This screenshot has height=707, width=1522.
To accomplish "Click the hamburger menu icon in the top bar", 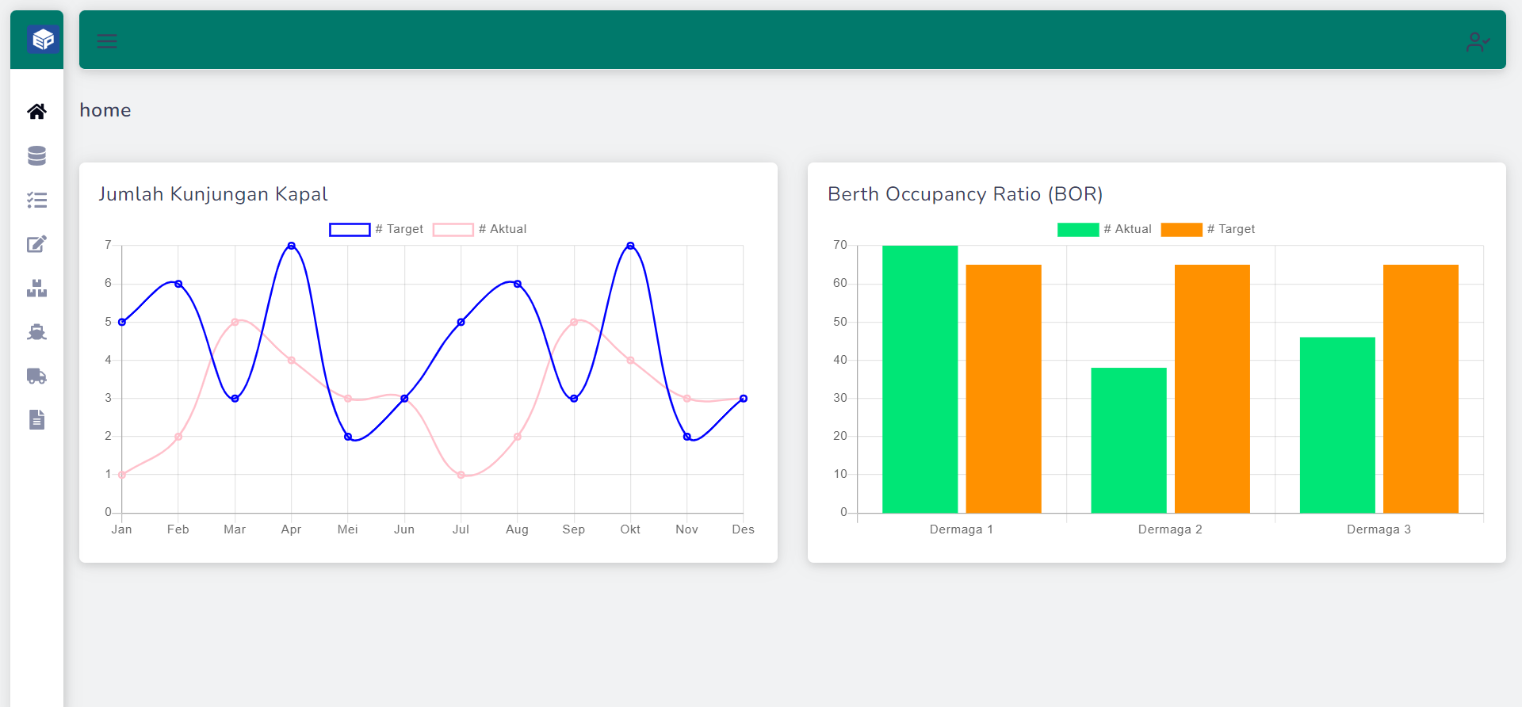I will pos(107,41).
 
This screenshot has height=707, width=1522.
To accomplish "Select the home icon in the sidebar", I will pos(36,112).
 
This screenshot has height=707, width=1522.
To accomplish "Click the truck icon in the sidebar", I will pos(36,376).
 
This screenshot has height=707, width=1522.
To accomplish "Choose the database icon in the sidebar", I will pos(36,156).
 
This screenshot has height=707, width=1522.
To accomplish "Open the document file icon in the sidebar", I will pos(36,419).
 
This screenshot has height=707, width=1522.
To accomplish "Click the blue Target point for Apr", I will pos(292,246).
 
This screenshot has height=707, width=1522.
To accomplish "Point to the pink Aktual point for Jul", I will pos(461,475).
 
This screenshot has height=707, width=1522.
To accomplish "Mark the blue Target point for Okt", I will pos(630,246).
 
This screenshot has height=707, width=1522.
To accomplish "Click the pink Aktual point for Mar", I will pos(235,322).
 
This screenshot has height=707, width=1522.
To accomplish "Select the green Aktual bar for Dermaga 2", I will pos(1128,440).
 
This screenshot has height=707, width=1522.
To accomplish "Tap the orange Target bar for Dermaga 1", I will pos(1003,388).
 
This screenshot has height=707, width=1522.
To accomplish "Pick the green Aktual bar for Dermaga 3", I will pos(1337,425).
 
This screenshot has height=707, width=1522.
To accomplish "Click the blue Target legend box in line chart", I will pos(350,230).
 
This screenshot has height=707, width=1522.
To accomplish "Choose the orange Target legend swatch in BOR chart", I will pos(1181,230).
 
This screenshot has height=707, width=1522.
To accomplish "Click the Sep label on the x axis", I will pos(573,529).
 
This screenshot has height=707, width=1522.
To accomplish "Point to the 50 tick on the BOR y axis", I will pos(840,322).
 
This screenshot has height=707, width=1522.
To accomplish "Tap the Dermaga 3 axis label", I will pos(1379,529).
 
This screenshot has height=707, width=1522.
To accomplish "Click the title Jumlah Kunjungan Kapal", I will pos(212,194).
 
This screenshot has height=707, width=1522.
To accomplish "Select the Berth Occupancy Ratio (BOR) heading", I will pos(965,194).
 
